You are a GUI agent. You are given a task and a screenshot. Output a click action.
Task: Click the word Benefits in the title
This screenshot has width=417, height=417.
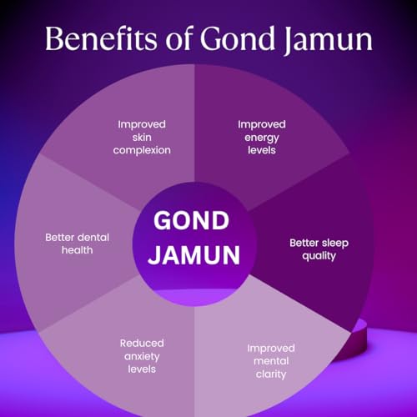101,38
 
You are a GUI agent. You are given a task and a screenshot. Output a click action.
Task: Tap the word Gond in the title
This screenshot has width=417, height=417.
238,38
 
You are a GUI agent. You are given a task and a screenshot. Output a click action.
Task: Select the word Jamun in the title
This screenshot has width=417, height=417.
329,41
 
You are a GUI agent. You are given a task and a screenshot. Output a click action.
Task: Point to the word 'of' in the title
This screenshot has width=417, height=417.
179,38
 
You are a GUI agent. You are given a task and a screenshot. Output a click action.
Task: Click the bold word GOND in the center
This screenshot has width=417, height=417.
192,220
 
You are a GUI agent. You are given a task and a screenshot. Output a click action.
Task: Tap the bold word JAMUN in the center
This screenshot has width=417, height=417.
194,255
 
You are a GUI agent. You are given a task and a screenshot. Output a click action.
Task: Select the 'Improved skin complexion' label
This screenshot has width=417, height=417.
142,138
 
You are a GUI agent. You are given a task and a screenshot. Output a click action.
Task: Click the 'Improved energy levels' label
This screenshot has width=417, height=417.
262,138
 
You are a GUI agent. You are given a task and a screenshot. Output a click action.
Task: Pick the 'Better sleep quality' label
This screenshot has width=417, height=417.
319,249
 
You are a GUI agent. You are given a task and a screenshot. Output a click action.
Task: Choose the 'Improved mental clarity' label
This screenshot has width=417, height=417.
271,361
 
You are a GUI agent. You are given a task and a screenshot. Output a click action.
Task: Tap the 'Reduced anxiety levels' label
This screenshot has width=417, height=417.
142,356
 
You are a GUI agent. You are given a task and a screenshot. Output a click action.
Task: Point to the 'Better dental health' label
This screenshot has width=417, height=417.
78,244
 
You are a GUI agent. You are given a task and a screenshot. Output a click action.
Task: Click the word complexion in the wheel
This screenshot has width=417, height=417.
142,151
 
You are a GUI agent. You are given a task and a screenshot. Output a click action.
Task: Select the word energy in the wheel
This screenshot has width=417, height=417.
262,138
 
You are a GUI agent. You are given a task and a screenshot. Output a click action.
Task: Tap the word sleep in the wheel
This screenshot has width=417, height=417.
334,244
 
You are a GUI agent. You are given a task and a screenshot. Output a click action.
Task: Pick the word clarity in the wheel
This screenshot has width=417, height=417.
271,374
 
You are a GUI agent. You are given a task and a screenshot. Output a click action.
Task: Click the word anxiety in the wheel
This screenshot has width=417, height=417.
142,357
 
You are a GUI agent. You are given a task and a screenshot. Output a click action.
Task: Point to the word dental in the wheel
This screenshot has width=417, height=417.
93,238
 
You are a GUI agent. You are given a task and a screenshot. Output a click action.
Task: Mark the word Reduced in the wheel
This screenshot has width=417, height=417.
142,344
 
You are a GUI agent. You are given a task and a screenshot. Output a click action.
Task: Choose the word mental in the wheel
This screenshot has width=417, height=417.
271,361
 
